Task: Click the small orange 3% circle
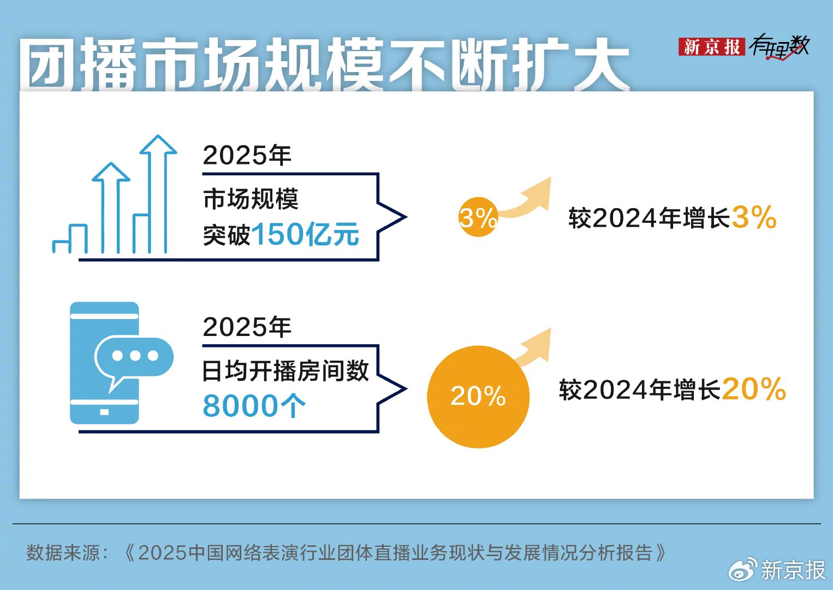(477, 217)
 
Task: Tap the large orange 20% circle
(478, 397)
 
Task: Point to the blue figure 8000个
(254, 406)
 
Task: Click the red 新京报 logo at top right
(711, 47)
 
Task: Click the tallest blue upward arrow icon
(158, 191)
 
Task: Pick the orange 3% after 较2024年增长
(754, 217)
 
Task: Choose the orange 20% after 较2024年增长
(754, 389)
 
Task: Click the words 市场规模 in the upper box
(251, 199)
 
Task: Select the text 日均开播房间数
(285, 371)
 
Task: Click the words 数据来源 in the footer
(63, 553)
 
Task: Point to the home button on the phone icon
(104, 412)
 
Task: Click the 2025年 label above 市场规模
(247, 156)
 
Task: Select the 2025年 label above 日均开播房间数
(247, 327)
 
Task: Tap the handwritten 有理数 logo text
(779, 46)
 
